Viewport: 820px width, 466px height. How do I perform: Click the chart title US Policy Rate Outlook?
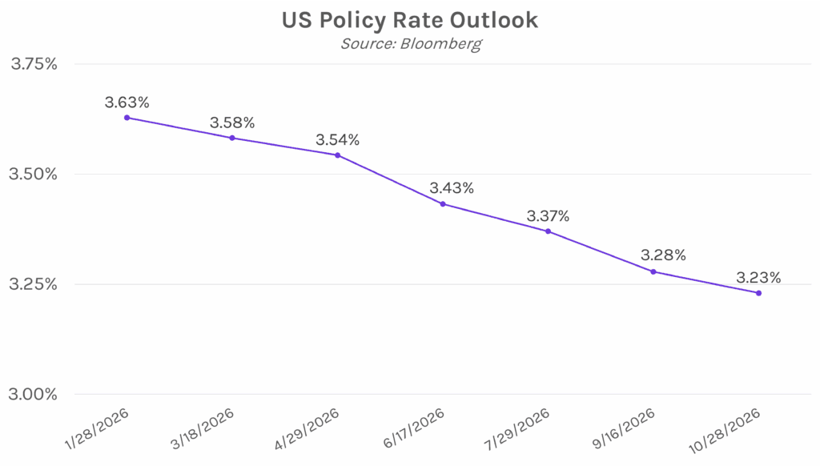[409, 21]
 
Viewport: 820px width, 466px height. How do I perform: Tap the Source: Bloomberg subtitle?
[410, 43]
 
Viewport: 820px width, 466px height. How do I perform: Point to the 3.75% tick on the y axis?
[34, 64]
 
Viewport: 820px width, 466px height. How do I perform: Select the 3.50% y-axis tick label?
[34, 174]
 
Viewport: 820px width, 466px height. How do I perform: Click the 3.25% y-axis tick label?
[34, 284]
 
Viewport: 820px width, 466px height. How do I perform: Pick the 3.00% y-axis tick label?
[34, 394]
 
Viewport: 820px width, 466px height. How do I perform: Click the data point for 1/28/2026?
[127, 118]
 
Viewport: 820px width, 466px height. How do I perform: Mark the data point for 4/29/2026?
[337, 155]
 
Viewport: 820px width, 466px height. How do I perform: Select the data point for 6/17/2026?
[443, 203]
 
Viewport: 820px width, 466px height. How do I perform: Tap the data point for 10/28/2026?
[758, 293]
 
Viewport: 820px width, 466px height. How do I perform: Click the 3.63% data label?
[127, 102]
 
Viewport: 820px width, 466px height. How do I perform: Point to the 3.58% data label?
[232, 123]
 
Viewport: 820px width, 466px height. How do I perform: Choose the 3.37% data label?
[548, 216]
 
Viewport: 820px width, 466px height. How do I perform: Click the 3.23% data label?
[758, 278]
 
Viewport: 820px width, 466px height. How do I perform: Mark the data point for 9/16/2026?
[653, 271]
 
